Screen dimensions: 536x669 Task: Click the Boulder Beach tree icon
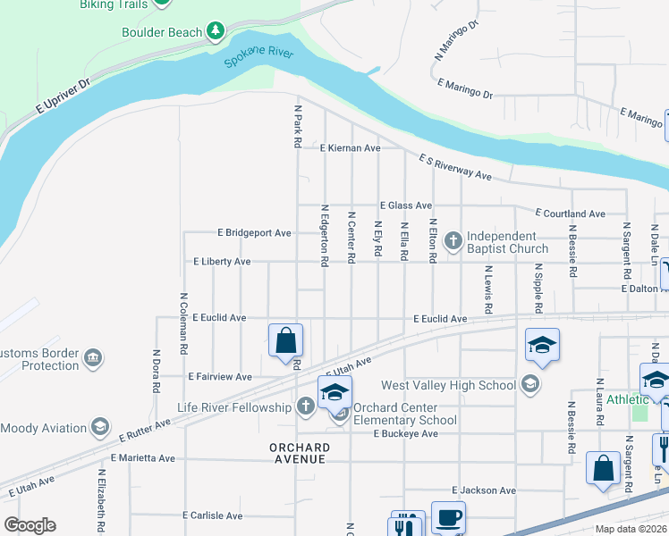click(x=215, y=32)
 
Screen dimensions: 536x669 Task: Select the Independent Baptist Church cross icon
click(x=453, y=240)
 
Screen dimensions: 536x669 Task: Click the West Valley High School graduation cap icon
click(x=530, y=385)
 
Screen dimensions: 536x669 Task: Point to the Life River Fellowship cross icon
click(x=305, y=407)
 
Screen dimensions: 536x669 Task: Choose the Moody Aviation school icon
click(x=100, y=428)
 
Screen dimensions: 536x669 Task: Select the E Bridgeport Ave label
click(x=255, y=233)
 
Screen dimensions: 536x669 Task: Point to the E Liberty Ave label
click(x=222, y=262)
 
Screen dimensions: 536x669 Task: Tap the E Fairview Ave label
click(x=220, y=377)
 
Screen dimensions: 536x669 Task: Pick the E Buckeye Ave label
click(x=406, y=433)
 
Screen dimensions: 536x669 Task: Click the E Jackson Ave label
click(x=484, y=490)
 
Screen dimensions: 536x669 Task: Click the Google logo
click(x=30, y=524)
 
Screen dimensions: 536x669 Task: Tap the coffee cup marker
click(x=448, y=517)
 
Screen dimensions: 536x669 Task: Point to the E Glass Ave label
click(x=405, y=205)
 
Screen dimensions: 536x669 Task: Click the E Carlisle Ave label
click(x=212, y=515)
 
